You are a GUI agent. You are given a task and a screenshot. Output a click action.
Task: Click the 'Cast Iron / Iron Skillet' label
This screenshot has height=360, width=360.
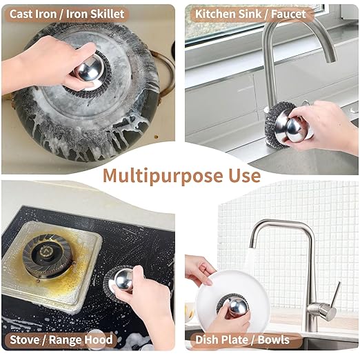67,13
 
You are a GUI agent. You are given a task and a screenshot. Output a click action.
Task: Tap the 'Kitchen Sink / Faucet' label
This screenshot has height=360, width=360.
250,13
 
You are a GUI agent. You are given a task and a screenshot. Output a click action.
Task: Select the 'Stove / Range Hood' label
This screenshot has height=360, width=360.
61,340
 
